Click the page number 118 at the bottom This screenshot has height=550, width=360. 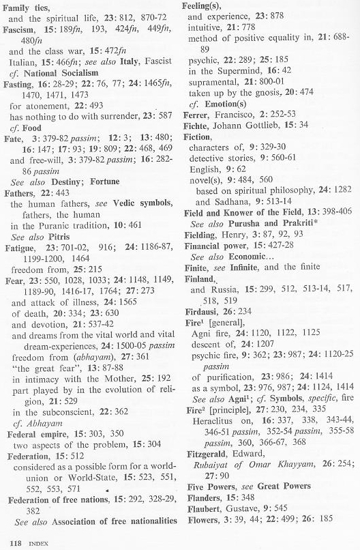[x=9, y=544]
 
